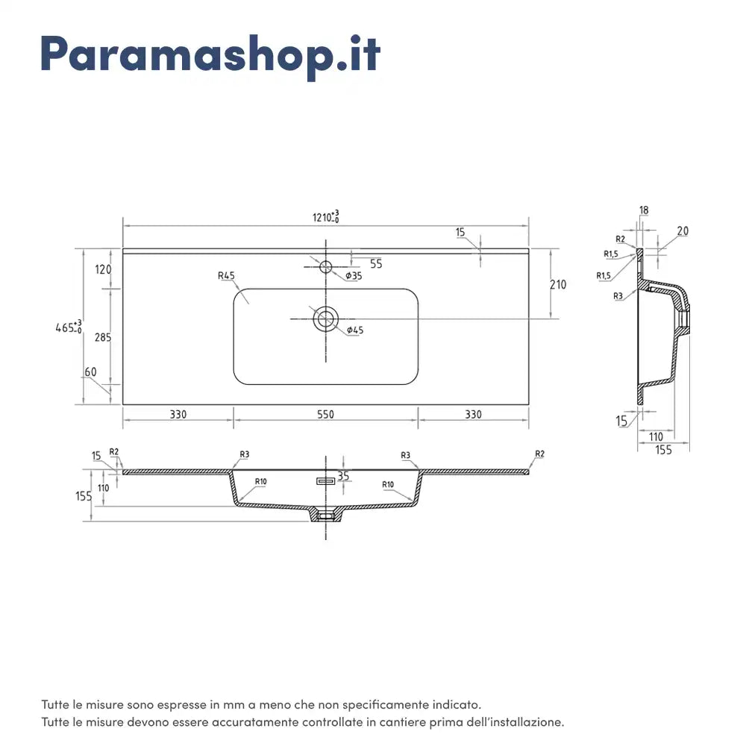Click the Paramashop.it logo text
coord(210,54)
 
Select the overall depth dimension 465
coord(69,327)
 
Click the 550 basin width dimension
coord(325,415)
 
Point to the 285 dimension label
coord(102,337)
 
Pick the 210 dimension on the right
coord(558,284)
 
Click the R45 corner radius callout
coord(226,276)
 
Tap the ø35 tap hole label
coord(354,276)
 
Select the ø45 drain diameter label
coord(355,330)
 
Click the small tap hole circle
coord(326,267)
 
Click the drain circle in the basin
coord(325,319)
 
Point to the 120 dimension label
coord(102,269)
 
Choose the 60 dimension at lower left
coord(91,372)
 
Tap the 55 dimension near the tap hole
coord(375,263)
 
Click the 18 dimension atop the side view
coord(644,211)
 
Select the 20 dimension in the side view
coord(683,231)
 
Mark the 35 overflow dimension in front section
coord(343,475)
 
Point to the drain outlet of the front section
coord(325,515)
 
